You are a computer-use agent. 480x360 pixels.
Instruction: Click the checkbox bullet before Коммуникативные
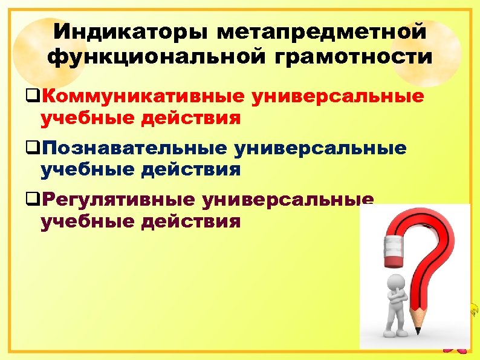(x=34, y=97)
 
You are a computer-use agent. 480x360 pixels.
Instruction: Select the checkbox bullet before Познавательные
(x=34, y=148)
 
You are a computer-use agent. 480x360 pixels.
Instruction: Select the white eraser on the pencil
(x=394, y=247)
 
